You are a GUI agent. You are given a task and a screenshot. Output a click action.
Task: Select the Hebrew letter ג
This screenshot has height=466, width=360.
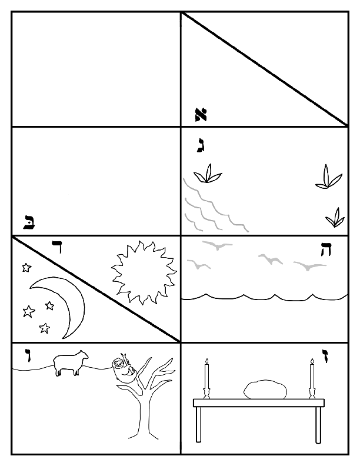pos(201,145)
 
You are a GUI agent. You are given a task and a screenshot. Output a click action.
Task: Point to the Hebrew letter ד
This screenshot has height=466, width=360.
pos(58,248)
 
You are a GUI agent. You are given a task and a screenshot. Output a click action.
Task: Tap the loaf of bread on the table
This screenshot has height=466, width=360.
pos(265,390)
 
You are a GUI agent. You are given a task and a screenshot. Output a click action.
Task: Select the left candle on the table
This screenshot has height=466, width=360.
pos(206,377)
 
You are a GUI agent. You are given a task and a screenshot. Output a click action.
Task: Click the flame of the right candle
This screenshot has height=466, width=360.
pos(311,361)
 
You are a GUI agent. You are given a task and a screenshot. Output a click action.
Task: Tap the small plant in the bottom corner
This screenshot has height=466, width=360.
pos(335,218)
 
